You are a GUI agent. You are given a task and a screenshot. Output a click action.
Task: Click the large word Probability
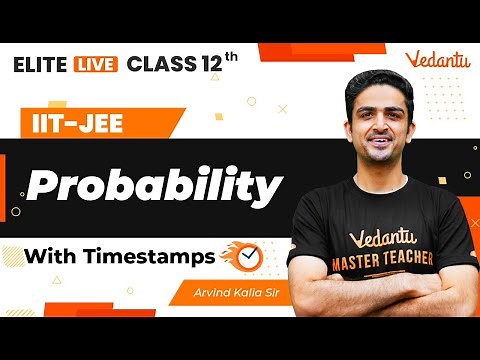tap(155, 186)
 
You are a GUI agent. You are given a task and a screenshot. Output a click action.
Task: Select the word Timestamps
tap(153, 257)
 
